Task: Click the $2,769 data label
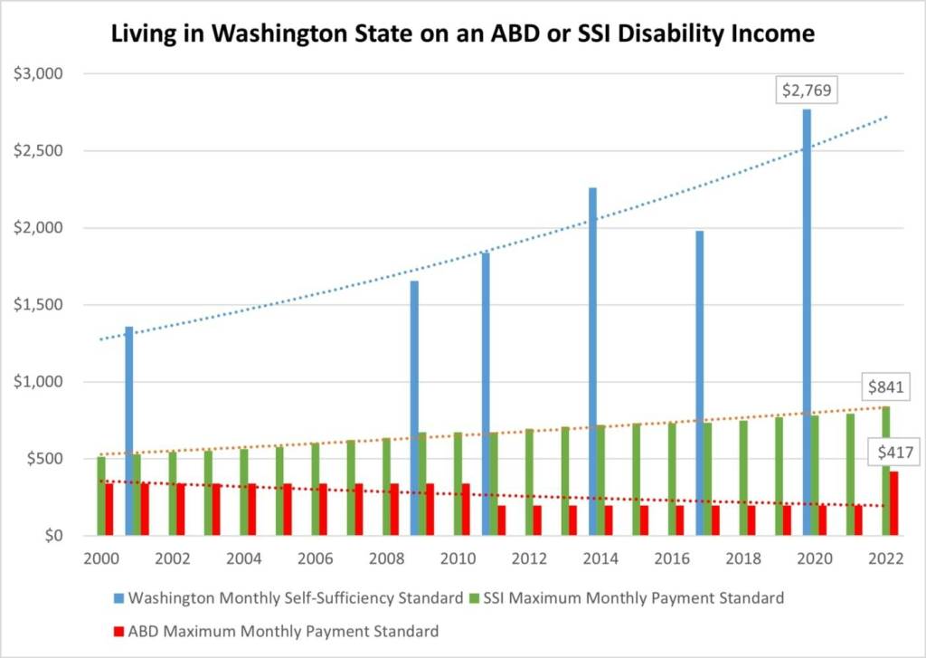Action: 806,91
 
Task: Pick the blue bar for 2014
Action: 592,361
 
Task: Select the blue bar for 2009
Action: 414,407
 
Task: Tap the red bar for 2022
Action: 894,503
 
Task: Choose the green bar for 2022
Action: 886,471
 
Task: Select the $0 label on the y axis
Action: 50,536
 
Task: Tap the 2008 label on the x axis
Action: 386,558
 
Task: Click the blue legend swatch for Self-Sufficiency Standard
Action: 118,598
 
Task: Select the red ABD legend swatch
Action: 118,631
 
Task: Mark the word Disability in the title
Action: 661,34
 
